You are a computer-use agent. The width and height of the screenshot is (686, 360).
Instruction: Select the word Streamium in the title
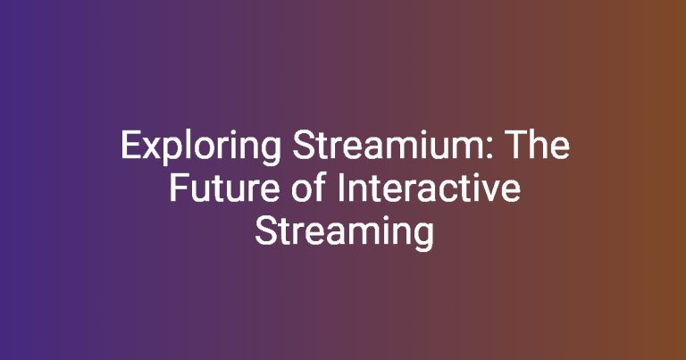(x=389, y=145)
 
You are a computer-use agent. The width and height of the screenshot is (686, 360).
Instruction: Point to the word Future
(x=224, y=188)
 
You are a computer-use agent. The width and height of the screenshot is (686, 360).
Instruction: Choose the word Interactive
(x=429, y=188)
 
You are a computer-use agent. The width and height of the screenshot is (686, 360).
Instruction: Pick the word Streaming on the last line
(x=344, y=234)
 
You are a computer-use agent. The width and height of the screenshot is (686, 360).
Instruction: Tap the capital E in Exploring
(x=130, y=146)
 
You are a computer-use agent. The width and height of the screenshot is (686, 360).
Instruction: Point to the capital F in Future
(x=179, y=188)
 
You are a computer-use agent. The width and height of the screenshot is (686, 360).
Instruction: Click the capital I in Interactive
(x=341, y=188)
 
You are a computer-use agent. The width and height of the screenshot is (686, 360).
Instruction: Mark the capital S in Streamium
(x=303, y=146)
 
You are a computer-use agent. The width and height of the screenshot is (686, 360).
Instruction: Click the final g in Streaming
(x=424, y=238)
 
